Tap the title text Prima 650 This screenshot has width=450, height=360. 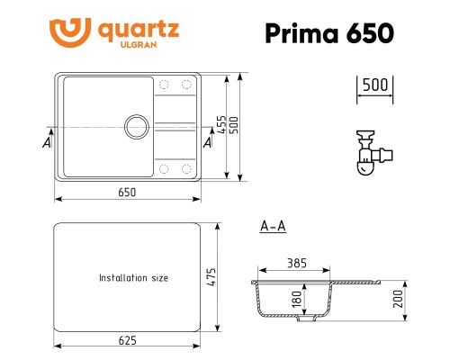coord(328,33)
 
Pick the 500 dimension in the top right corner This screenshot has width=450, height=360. coord(373,85)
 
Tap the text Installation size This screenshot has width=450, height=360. coord(133,278)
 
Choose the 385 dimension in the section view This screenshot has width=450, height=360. coord(296,265)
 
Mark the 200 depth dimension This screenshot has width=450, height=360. coord(397,298)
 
